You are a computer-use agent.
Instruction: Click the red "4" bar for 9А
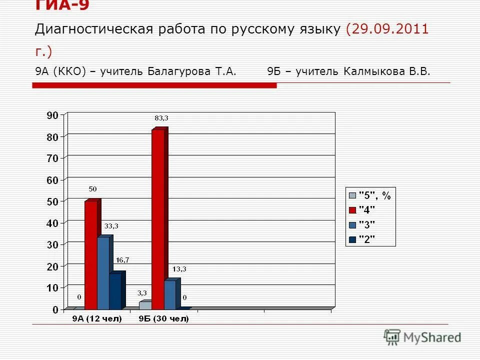pos(91,255)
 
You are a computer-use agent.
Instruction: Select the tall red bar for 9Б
pos(158,220)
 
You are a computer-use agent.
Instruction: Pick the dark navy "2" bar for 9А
pos(115,291)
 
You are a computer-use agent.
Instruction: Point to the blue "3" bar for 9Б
pos(170,295)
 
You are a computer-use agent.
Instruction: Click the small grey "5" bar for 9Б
pos(145,305)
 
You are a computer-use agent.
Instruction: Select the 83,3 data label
pos(161,118)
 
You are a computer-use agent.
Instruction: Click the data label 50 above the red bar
pos(93,189)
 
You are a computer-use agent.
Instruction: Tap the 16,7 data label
pos(122,260)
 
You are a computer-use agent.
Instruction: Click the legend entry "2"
pos(367,239)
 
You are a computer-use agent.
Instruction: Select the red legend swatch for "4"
pos(352,210)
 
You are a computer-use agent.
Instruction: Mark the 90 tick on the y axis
pos(52,115)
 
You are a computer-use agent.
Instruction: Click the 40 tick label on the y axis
pos(52,223)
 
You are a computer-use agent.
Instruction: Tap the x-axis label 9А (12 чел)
pos(97,319)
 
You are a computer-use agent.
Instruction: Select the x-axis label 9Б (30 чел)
pos(164,319)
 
